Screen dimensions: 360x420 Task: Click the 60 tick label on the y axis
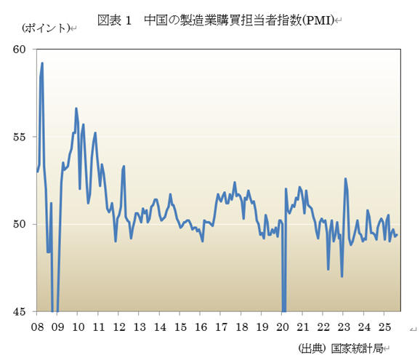point(19,49)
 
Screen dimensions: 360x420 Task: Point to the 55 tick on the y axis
point(19,137)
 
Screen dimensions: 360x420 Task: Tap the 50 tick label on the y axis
point(19,224)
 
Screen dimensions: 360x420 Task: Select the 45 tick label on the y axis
point(19,311)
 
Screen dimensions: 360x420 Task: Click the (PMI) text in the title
point(318,20)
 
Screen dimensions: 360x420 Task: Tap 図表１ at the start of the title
point(114,20)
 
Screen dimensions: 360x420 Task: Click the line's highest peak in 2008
point(42,63)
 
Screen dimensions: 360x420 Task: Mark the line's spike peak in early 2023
point(345,179)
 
